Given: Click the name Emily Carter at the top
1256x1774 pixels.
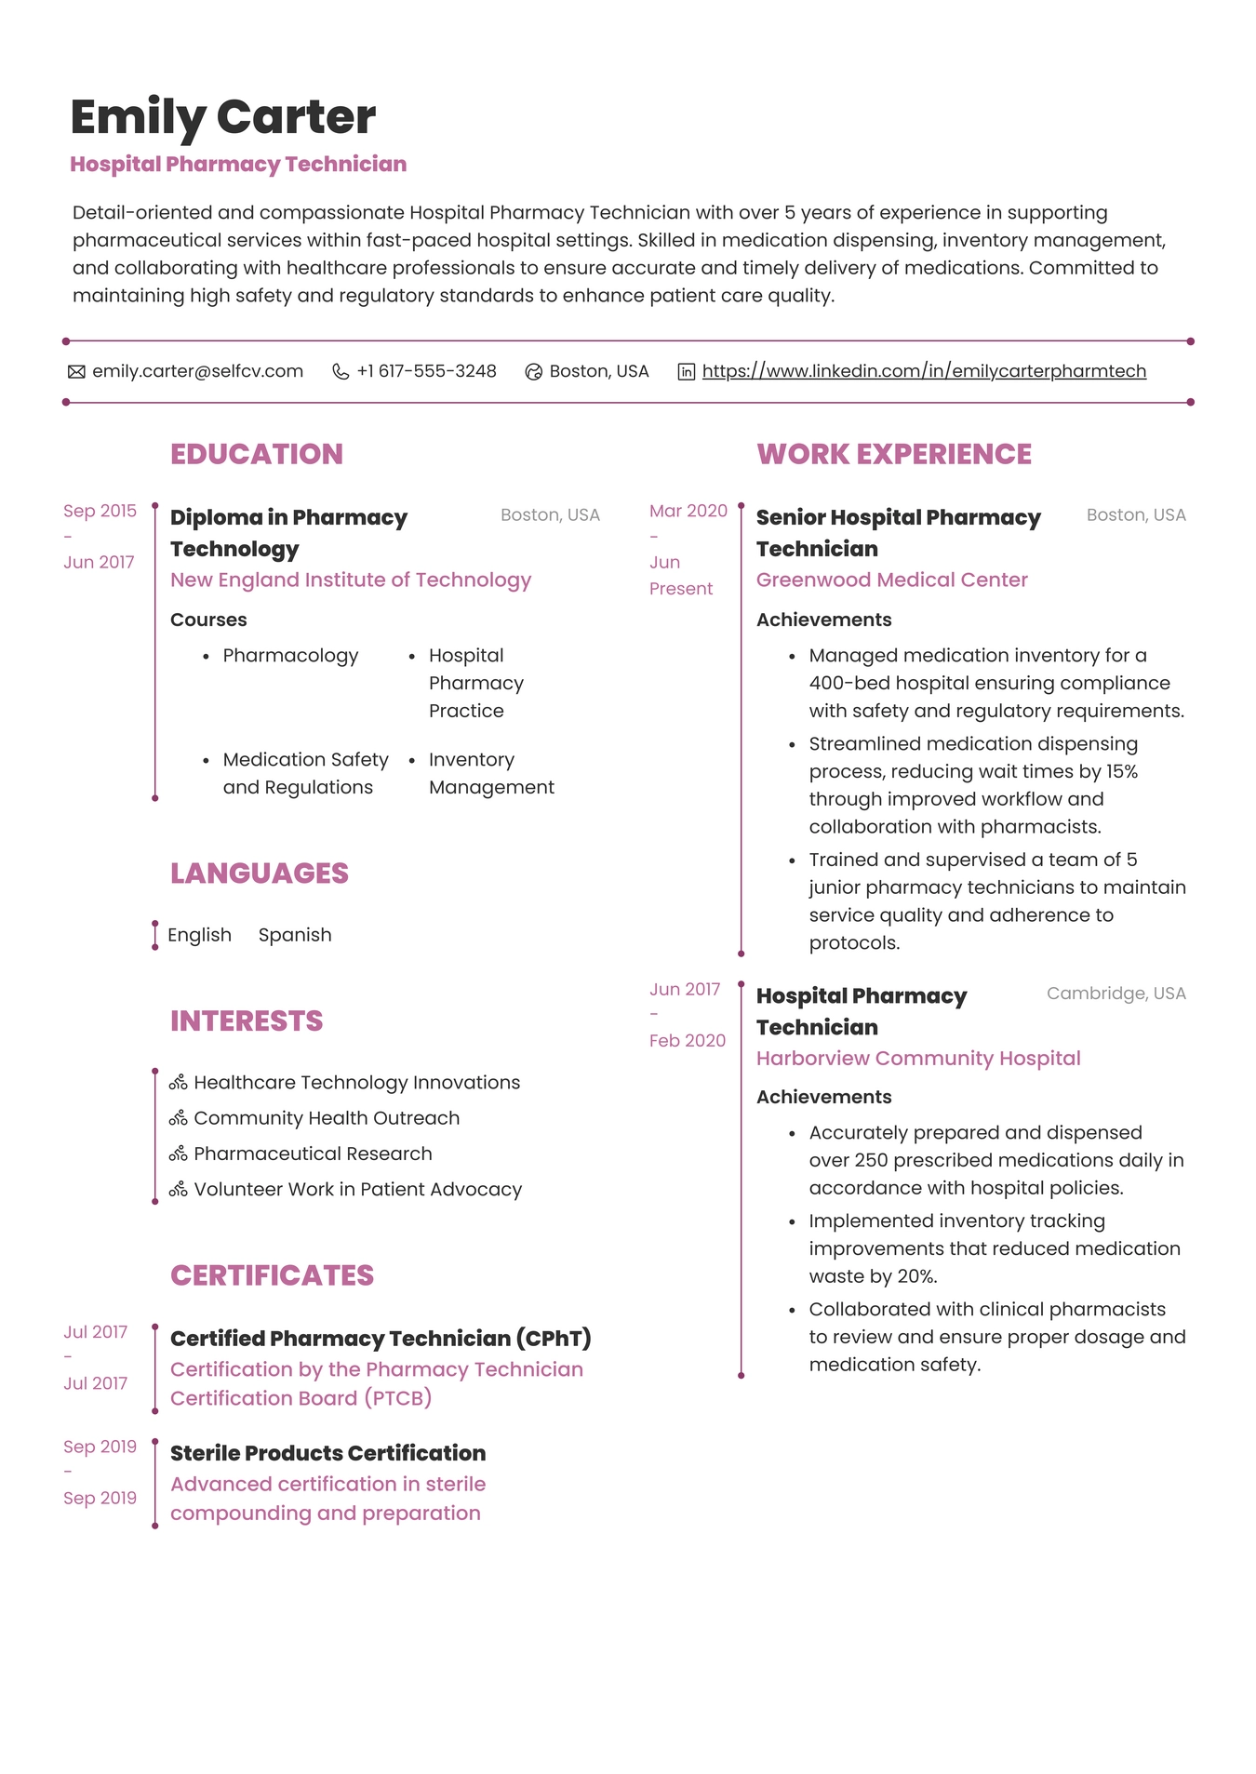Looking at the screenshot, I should [222, 117].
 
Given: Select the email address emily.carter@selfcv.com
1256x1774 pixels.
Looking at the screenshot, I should [197, 371].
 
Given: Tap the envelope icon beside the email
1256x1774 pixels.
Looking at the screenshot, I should [76, 372].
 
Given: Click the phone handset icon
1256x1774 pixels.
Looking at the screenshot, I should [341, 372].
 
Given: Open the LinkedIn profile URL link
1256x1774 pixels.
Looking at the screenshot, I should [923, 371].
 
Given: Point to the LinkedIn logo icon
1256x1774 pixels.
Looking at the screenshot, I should [686, 372].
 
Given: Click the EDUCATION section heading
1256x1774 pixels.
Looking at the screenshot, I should [256, 454].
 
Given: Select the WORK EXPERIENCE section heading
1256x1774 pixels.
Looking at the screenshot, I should [893, 454].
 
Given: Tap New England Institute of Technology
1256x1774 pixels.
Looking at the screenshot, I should [350, 580].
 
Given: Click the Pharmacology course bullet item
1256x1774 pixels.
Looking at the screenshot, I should [290, 656].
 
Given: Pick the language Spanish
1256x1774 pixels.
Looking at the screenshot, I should [294, 935].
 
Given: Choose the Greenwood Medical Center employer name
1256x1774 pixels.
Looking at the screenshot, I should [891, 580].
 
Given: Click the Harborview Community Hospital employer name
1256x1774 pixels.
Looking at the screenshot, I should [917, 1059].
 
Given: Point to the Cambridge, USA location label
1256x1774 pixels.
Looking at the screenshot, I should [1116, 994].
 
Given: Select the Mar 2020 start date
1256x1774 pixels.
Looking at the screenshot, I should [688, 511].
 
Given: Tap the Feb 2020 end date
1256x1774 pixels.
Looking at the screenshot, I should [687, 1041].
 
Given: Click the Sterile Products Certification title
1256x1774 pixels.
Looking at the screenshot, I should [327, 1453].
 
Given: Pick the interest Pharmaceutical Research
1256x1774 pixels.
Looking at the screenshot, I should [313, 1154].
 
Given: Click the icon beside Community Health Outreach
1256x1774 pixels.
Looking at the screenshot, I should [178, 1118].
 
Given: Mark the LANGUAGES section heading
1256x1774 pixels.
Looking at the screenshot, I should [259, 874].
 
